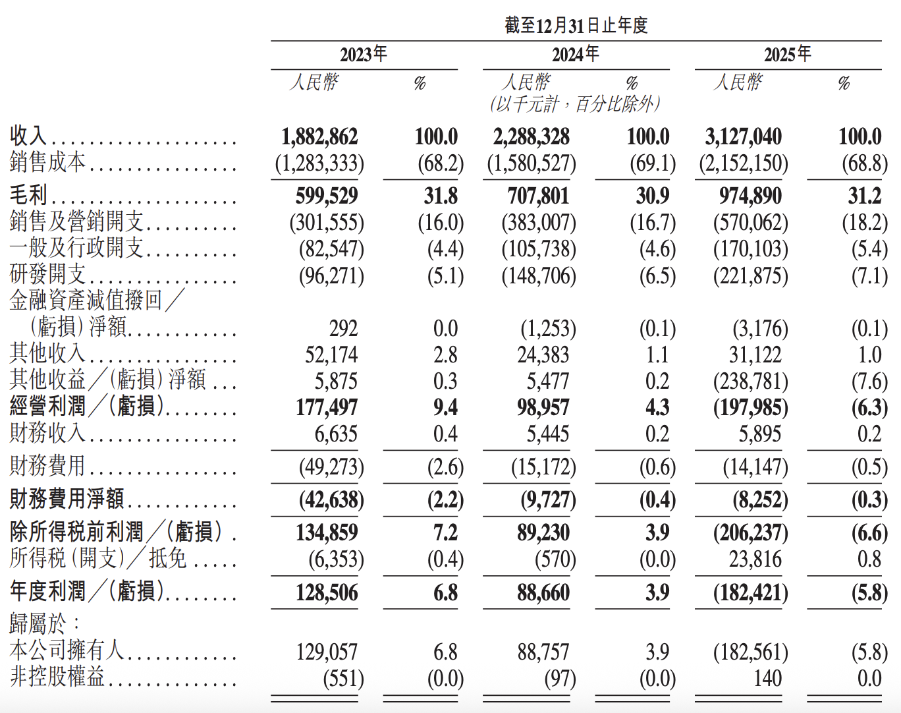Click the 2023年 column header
point(364,55)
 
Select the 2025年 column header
point(788,55)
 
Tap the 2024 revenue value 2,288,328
point(531,136)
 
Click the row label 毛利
point(28,195)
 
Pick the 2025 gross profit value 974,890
point(750,196)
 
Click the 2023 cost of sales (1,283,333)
point(319,163)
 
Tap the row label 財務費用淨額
point(67,499)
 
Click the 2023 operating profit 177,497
point(327,407)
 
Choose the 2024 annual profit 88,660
point(543,592)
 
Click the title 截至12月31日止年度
point(576,25)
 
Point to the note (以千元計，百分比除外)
point(576,104)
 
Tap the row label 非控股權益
point(57,677)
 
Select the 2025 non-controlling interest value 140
point(767,678)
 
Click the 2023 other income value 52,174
point(331,355)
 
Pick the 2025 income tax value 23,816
point(755,559)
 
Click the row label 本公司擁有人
point(67,650)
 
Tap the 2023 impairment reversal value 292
point(343,328)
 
